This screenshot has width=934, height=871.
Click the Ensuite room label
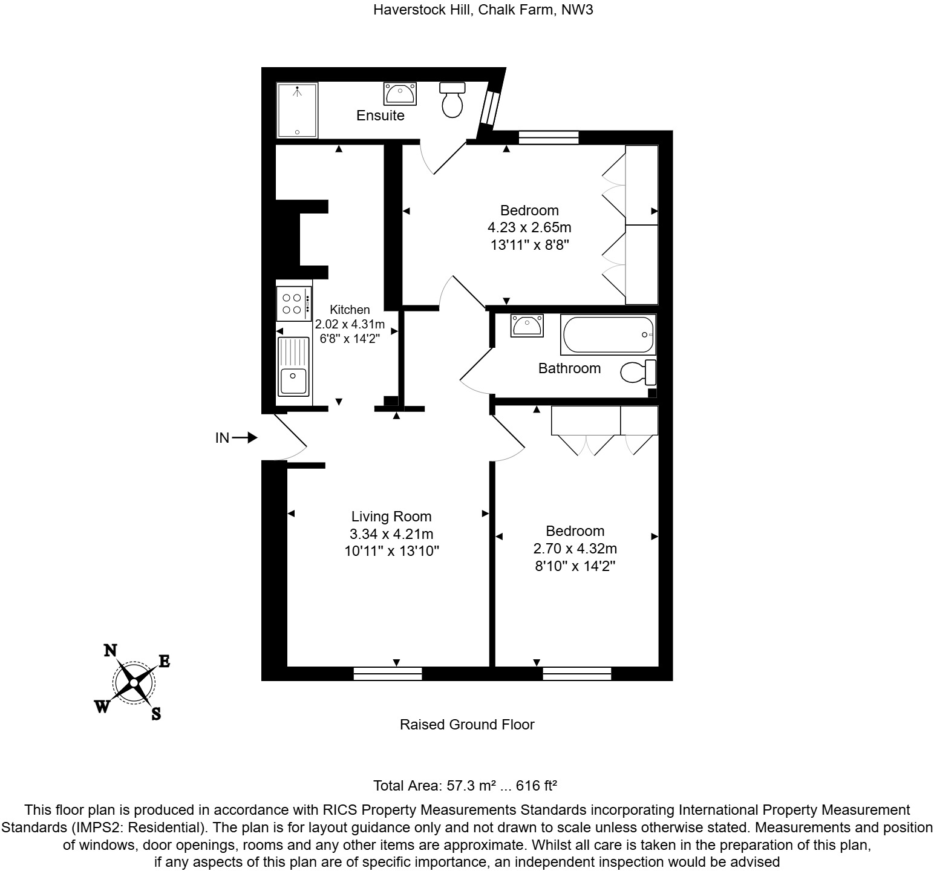[x=380, y=116]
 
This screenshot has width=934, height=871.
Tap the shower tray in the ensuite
[x=296, y=111]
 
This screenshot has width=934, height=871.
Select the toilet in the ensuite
[x=452, y=100]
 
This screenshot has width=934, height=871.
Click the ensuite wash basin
[x=399, y=94]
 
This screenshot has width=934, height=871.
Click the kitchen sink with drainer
[x=293, y=365]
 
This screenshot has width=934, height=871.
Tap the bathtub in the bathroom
[x=607, y=334]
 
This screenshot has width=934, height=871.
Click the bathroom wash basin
[x=526, y=325]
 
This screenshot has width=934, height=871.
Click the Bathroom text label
[x=569, y=368]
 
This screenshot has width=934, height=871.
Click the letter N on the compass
[x=110, y=650]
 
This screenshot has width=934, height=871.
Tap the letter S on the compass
[x=156, y=714]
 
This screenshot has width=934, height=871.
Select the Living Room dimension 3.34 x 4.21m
[x=391, y=534]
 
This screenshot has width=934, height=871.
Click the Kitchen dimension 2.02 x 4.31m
[x=350, y=324]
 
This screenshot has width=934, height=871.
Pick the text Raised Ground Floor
[x=467, y=725]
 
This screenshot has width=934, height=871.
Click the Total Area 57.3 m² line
[x=465, y=786]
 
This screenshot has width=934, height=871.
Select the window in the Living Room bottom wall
[x=388, y=673]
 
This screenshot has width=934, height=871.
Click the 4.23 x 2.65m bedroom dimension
[x=529, y=228]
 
